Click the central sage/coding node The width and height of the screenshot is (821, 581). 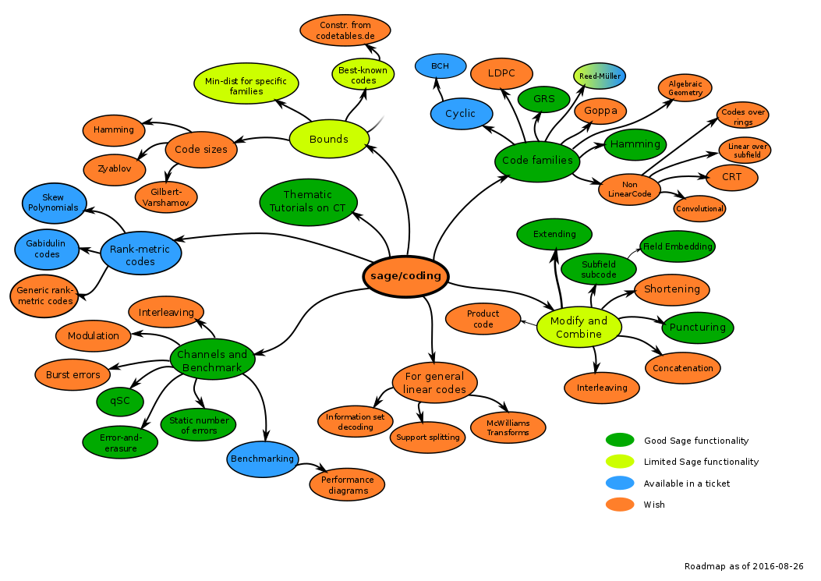point(405,276)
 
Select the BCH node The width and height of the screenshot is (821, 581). point(440,66)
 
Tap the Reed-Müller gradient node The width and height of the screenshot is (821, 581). point(599,76)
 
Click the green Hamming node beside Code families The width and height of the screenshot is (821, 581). point(635,144)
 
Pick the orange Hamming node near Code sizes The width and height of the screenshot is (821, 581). point(114,129)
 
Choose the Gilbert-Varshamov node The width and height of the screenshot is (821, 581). point(166,197)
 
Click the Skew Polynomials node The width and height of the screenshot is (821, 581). point(53,203)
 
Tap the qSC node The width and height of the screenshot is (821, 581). point(119,401)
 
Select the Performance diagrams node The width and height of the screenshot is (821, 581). point(347,484)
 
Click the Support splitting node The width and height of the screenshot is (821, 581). point(427,438)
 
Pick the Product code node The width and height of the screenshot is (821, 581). point(483,319)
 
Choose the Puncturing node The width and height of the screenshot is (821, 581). point(698,328)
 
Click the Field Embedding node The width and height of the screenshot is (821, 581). point(677,246)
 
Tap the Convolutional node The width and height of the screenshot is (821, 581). point(699,208)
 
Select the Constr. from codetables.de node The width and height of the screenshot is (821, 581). point(345,30)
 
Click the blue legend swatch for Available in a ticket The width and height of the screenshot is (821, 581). point(620,484)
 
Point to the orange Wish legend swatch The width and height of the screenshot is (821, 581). point(620,505)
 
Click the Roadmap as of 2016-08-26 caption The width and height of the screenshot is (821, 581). point(743,566)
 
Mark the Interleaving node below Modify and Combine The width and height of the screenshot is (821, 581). point(601,388)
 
